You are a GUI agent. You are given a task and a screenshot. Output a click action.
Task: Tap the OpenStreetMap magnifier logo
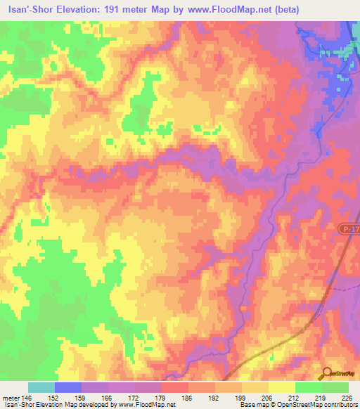click(328, 374)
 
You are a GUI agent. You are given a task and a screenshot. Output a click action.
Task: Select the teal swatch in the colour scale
click(41, 387)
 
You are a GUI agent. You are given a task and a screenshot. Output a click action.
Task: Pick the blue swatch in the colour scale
click(68, 387)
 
